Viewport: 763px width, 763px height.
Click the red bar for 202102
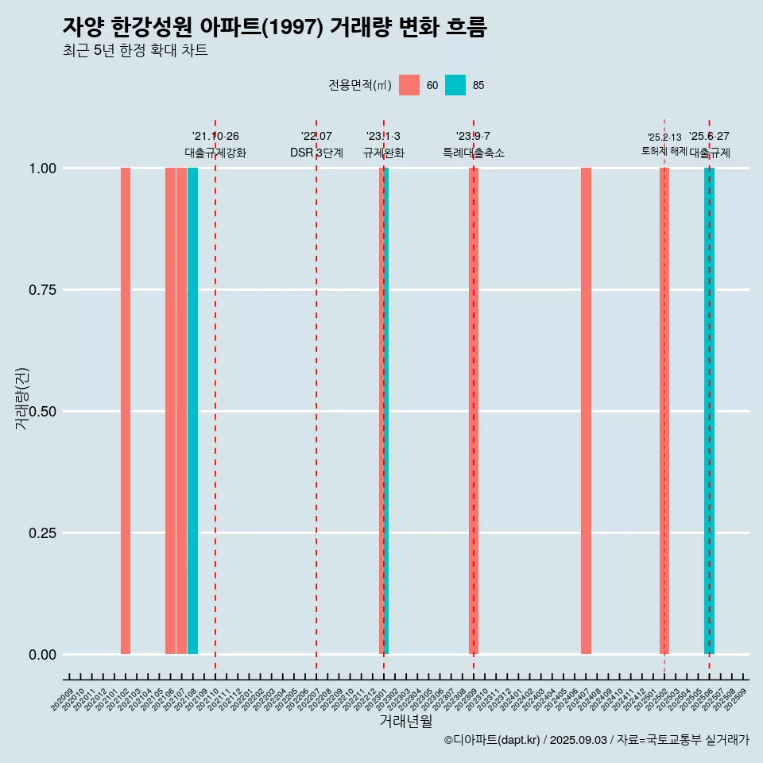pyautogui.click(x=126, y=411)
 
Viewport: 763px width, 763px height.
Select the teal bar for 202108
pyautogui.click(x=192, y=411)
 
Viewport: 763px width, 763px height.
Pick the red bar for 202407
pyautogui.click(x=586, y=411)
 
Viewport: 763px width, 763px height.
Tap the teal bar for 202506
pyautogui.click(x=711, y=411)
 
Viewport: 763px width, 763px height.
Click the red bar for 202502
pyautogui.click(x=664, y=411)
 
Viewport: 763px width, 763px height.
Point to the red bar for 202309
pyautogui.click(x=474, y=411)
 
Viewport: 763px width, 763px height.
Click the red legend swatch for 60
pyautogui.click(x=409, y=85)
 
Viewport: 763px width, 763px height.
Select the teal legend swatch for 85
pyautogui.click(x=455, y=85)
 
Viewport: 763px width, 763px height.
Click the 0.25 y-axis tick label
pyautogui.click(x=42, y=533)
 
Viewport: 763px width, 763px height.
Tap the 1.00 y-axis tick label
pyautogui.click(x=42, y=168)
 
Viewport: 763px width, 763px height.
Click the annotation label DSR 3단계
pyautogui.click(x=316, y=153)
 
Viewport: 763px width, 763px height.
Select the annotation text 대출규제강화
pyautogui.click(x=215, y=153)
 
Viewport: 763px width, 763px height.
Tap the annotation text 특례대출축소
pyautogui.click(x=474, y=153)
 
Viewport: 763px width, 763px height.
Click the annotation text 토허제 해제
pyautogui.click(x=664, y=151)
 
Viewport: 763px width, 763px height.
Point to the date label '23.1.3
pyautogui.click(x=383, y=137)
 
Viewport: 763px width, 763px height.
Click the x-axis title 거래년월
pyautogui.click(x=406, y=721)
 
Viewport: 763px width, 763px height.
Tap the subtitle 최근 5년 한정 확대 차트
pyautogui.click(x=135, y=51)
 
